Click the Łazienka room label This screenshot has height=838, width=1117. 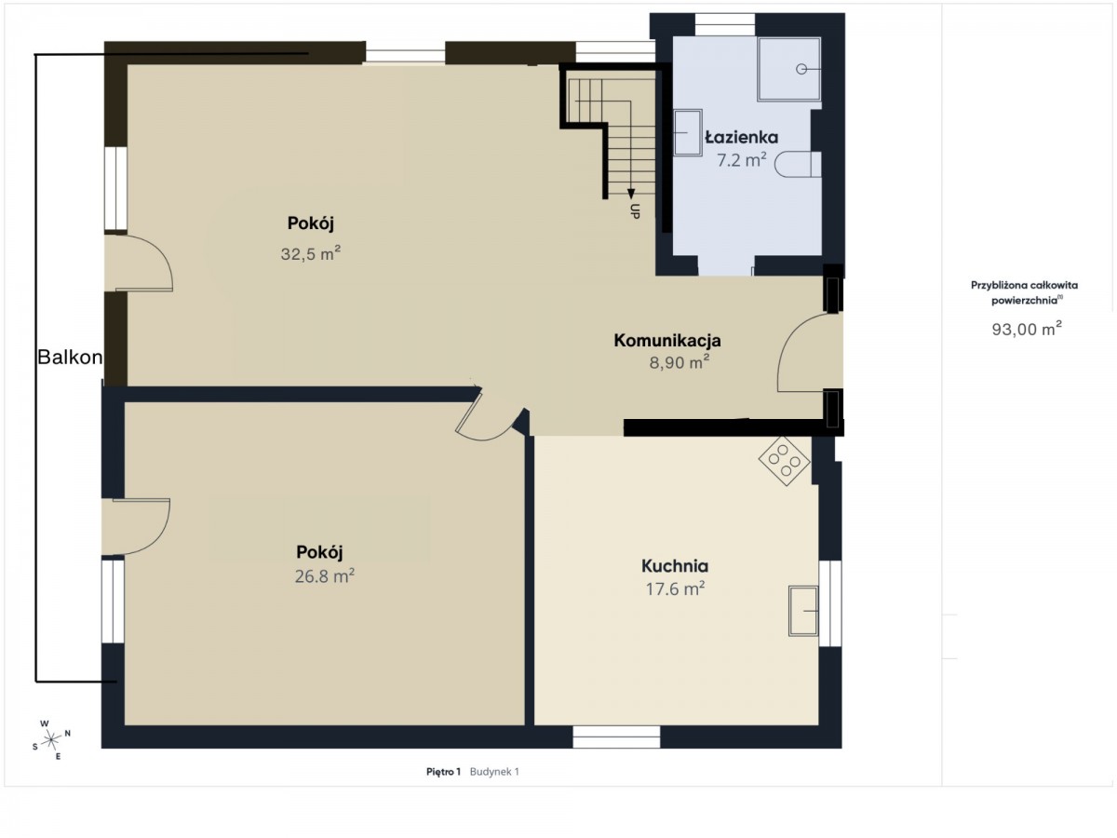coord(742,138)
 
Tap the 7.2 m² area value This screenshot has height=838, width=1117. coord(742,160)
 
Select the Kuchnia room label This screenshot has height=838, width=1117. coord(675,566)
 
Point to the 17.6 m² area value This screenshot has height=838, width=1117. coord(675,588)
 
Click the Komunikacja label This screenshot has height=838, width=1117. coord(667,341)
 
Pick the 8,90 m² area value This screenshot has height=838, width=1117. coord(679,362)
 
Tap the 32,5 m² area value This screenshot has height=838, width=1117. coord(310,253)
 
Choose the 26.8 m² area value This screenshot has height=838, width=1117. coord(324,576)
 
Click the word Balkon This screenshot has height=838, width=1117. coord(70,358)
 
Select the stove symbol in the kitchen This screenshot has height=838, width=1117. coord(784,461)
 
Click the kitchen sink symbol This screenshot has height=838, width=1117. coord(803,611)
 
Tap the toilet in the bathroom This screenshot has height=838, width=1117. coord(798,165)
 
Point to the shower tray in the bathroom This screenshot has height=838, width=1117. coord(788,69)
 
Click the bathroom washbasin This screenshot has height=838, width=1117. coord(688,132)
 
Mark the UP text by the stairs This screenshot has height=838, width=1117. coord(635,211)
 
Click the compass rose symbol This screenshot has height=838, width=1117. coord(51,739)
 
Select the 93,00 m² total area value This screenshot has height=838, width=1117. coord(1027,329)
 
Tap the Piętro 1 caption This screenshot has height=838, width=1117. coord(443,772)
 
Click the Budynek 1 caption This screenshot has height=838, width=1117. coord(494,772)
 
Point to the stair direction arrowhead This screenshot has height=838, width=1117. coord(631,194)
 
